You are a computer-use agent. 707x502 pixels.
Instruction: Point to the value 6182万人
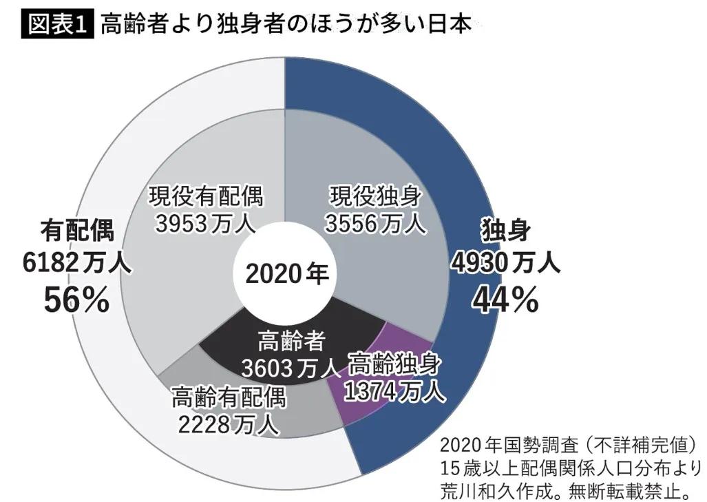76,262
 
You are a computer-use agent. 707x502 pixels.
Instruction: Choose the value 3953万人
206,224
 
